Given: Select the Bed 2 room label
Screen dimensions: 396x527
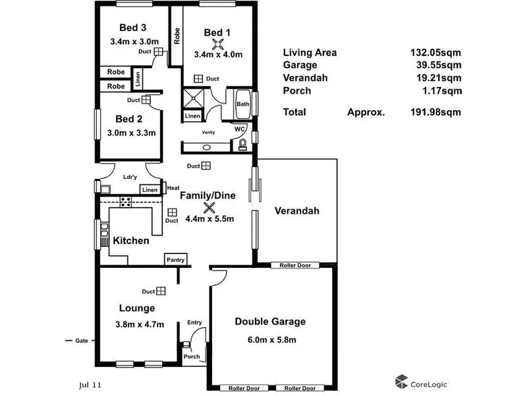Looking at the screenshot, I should (x=129, y=119).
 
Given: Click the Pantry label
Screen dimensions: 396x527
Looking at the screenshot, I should (x=175, y=259).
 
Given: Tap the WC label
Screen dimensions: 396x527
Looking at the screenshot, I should (x=240, y=129).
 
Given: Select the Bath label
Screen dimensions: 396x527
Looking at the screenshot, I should (x=243, y=104).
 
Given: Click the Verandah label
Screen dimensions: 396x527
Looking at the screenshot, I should (x=296, y=211).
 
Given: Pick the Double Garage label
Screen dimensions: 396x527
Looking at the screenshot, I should (x=270, y=322).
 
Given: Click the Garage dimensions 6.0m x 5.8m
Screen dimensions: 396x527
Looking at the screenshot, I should (x=270, y=340).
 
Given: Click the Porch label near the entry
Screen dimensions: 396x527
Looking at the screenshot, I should (x=192, y=357).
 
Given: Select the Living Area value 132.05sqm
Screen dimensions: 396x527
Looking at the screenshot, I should (x=435, y=53).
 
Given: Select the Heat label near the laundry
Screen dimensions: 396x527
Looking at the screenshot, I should (x=173, y=188).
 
